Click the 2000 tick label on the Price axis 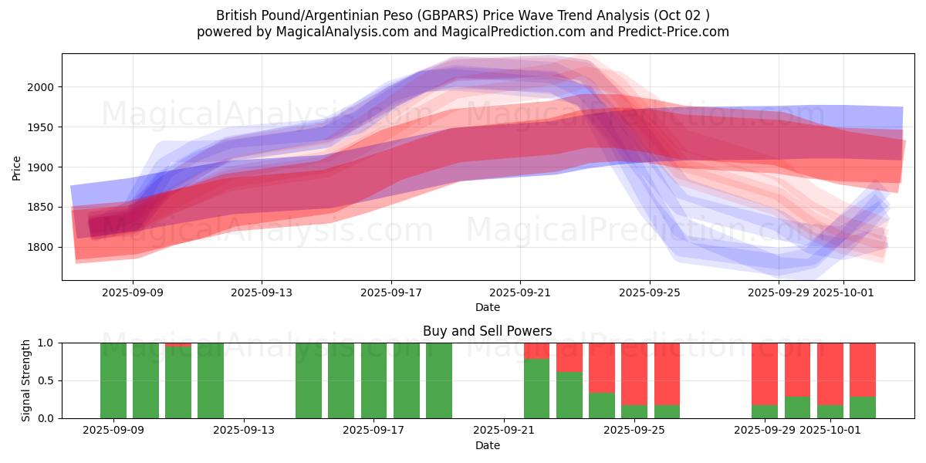pyautogui.click(x=42, y=87)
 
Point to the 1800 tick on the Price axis pyautogui.click(x=42, y=248)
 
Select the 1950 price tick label pyautogui.click(x=42, y=127)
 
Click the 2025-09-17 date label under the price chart pyautogui.click(x=390, y=292)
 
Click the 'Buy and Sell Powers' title pyautogui.click(x=487, y=331)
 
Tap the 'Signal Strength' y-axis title pyautogui.click(x=25, y=380)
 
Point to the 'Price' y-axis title pyautogui.click(x=17, y=167)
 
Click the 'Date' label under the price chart pyautogui.click(x=487, y=307)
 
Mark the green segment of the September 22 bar pyautogui.click(x=537, y=388)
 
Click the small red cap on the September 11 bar pyautogui.click(x=178, y=344)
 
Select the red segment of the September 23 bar pyautogui.click(x=569, y=357)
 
